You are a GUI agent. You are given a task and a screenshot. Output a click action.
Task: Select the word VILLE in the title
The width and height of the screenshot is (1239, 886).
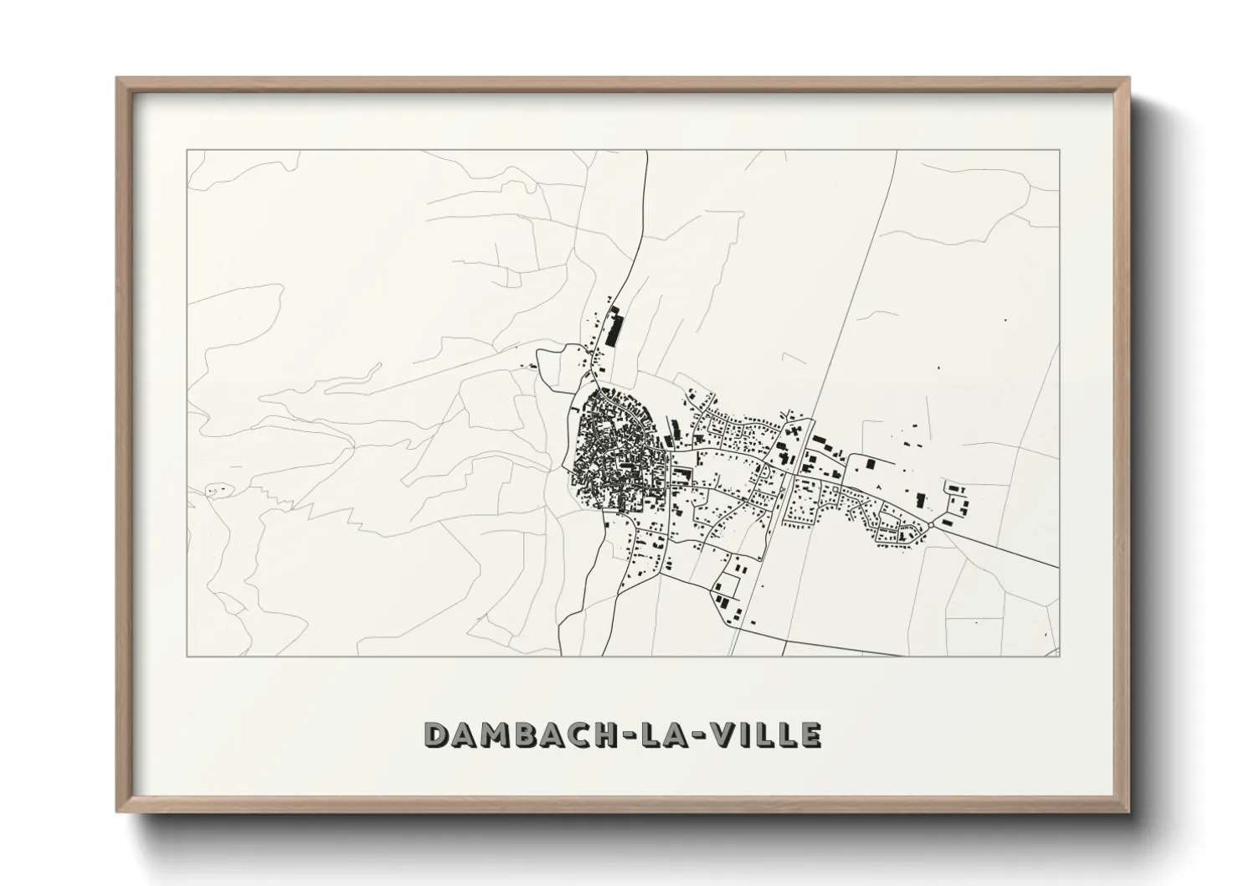click(766, 734)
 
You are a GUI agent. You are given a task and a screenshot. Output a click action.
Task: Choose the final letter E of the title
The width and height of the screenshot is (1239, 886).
click(810, 734)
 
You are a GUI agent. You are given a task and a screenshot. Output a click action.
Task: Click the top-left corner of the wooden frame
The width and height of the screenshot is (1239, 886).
click(118, 80)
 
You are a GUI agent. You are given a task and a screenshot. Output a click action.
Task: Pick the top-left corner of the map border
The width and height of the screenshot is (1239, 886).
click(188, 151)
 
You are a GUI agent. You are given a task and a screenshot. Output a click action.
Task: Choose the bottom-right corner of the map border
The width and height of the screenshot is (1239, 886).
click(1059, 656)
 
